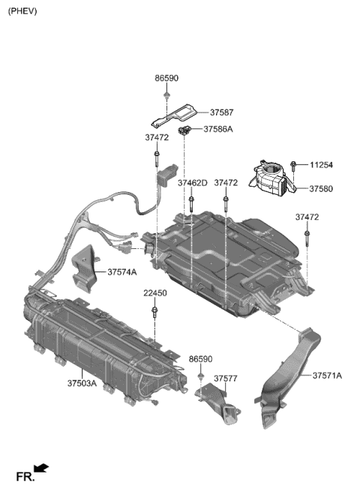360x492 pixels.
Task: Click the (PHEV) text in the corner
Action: (x=22, y=12)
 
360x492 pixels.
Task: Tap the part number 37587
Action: (x=222, y=112)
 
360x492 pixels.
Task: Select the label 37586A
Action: (x=218, y=130)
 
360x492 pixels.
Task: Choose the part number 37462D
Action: (x=192, y=182)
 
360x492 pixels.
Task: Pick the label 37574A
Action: (x=121, y=271)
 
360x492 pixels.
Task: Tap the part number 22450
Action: (x=155, y=293)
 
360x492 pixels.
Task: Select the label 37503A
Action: (x=82, y=382)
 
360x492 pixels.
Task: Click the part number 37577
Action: (x=226, y=379)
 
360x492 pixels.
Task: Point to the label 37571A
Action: (x=327, y=375)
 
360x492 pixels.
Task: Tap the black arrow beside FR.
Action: (x=42, y=469)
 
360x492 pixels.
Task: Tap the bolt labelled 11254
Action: (x=294, y=164)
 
